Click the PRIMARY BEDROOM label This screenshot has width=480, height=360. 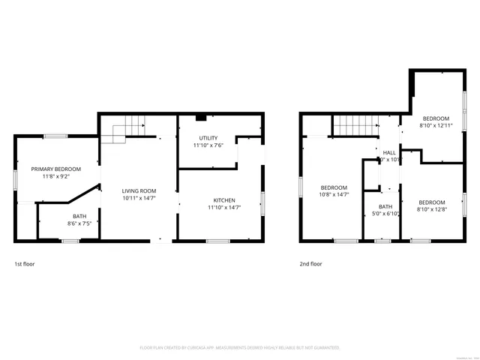tap(56, 169)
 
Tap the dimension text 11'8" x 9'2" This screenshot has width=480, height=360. tap(56, 177)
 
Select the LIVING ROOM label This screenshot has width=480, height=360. tap(139, 190)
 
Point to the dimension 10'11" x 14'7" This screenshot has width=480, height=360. tap(139, 199)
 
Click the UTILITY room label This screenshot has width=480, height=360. tap(208, 138)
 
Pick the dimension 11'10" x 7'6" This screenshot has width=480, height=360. tap(208, 146)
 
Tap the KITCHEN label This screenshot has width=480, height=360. tap(224, 200)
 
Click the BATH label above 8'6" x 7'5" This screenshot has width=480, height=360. tap(79, 216)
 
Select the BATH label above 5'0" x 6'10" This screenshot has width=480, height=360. tap(385, 207)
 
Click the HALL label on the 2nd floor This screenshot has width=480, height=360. tap(390, 152)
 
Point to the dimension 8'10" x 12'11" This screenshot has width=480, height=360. tap(436, 126)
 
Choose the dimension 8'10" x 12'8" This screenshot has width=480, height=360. tap(432, 210)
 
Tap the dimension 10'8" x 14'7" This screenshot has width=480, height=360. tap(334, 195)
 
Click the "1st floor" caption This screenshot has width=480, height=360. tap(24, 264)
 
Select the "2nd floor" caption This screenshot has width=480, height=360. tap(310, 264)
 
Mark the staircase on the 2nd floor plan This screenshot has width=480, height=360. tap(354, 127)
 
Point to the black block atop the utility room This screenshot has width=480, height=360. tap(200, 118)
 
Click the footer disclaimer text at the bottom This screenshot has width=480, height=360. tap(240, 348)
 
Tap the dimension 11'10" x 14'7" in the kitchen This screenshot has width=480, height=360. tap(224, 208)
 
